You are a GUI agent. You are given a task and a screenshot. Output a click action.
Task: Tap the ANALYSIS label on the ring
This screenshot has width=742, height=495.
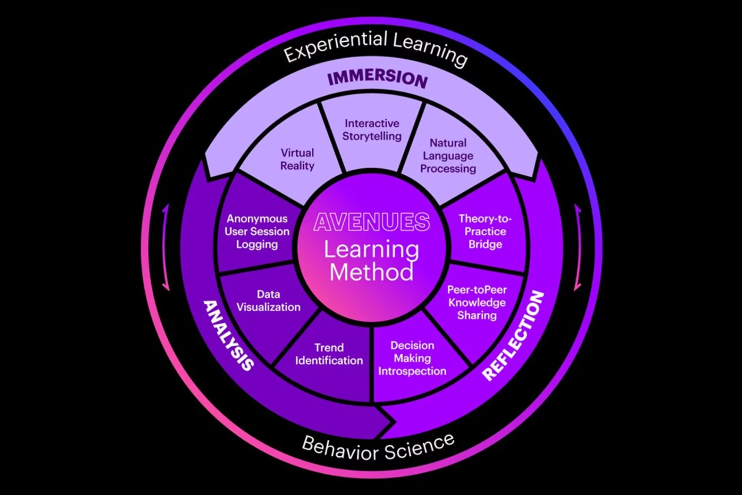[x=229, y=335]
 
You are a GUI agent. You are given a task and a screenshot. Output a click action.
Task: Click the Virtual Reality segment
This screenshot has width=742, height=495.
[x=297, y=159]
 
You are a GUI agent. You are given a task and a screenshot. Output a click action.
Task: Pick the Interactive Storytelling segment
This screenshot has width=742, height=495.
[x=372, y=130]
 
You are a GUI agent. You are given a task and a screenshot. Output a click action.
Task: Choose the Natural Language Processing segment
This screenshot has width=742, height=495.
[x=448, y=156]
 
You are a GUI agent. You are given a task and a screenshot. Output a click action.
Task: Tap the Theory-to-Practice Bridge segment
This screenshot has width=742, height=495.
[x=485, y=231]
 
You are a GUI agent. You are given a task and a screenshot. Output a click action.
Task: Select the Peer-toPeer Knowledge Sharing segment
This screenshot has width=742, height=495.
[x=477, y=302]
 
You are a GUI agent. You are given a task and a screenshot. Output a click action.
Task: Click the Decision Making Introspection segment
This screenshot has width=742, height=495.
[x=412, y=358]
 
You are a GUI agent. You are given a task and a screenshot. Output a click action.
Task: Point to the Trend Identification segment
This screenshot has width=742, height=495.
[x=329, y=354]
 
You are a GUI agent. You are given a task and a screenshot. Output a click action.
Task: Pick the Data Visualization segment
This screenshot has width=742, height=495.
[x=268, y=301]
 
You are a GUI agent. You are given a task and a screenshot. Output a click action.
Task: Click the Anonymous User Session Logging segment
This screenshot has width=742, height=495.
[x=257, y=231]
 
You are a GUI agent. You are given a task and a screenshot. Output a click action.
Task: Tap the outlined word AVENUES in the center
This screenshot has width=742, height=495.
[x=372, y=222]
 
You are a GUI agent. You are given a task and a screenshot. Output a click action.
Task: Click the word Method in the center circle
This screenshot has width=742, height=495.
[x=372, y=273]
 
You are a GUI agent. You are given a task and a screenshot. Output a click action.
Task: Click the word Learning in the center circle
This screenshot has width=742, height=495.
[x=372, y=249]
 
